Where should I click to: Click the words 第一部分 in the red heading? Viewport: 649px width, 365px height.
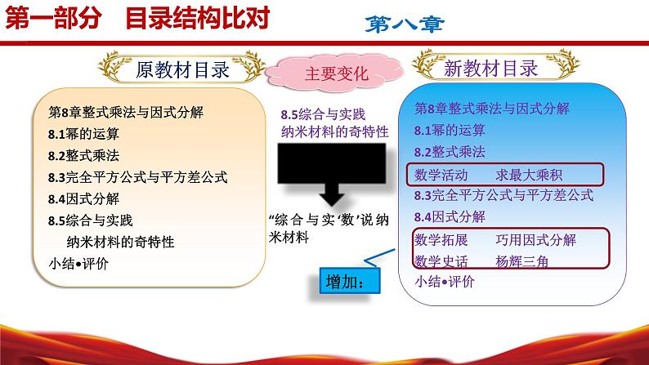click(x=53, y=19)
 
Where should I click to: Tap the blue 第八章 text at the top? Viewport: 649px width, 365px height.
click(x=405, y=24)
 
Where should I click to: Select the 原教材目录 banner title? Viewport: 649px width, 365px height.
click(x=182, y=69)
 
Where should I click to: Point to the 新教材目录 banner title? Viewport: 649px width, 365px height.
click(x=490, y=69)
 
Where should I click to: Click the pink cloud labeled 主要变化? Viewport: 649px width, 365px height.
click(x=334, y=73)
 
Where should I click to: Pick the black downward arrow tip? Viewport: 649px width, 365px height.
click(x=332, y=205)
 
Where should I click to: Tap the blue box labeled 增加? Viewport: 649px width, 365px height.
click(x=350, y=281)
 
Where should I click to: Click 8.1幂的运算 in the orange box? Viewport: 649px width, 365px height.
click(x=83, y=134)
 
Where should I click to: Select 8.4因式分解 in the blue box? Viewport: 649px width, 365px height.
click(x=450, y=216)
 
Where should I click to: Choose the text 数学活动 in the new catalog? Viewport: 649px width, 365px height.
click(x=441, y=176)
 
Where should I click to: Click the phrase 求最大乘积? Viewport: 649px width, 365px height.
click(x=529, y=176)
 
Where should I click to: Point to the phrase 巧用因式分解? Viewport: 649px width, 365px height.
click(x=535, y=240)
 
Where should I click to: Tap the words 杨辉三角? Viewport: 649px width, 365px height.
click(x=522, y=261)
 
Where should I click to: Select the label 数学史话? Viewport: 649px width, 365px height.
click(x=441, y=261)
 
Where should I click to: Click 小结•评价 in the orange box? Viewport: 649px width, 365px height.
click(x=78, y=263)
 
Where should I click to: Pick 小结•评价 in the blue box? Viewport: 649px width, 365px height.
click(x=445, y=282)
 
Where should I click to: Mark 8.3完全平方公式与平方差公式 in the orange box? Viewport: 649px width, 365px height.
click(x=138, y=177)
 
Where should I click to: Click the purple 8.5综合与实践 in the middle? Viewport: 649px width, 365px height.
click(x=323, y=114)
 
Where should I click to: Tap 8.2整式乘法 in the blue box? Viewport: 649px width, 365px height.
click(x=450, y=152)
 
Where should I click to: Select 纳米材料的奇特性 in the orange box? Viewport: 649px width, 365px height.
click(x=120, y=242)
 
